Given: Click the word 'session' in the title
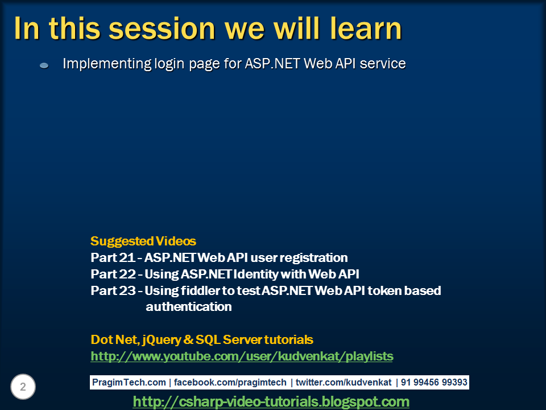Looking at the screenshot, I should coord(154,28).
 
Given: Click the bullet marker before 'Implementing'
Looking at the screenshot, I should coord(44,66).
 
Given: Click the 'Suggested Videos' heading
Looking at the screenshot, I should coord(143,241).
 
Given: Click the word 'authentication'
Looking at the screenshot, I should coord(188,307).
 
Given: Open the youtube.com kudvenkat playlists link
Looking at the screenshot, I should coord(242,356).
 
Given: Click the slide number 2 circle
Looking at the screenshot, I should coord(23,387).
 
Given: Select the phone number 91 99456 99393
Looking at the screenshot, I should coord(435,382).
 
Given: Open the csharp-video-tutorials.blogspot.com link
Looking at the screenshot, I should coord(271,401).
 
